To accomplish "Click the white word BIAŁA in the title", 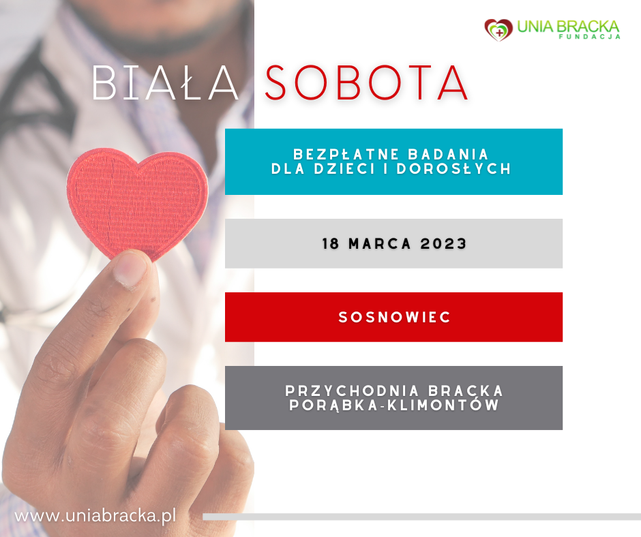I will coord(165,84).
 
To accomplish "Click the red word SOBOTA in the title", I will coord(366,84).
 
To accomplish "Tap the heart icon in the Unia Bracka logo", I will coord(498,29).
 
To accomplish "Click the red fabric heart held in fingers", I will coord(138,201).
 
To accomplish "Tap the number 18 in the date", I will coord(331,244).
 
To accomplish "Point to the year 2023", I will coord(443,244).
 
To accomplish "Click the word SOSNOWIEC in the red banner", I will coord(394,318).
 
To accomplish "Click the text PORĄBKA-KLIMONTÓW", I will coord(394,405).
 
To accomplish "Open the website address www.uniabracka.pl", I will coord(95,515).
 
